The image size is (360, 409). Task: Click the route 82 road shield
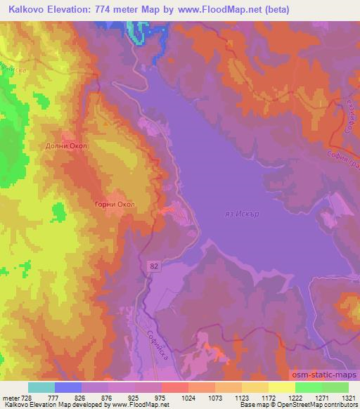click(154, 265)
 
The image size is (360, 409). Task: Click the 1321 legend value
click(347, 398)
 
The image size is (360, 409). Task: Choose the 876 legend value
click(108, 398)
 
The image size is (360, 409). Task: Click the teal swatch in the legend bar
click(41, 387)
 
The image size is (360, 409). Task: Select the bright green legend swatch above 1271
click(308, 387)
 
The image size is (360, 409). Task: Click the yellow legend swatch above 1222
click(281, 387)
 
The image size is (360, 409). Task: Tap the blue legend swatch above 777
click(68, 387)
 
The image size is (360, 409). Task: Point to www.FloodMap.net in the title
click(218, 10)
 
